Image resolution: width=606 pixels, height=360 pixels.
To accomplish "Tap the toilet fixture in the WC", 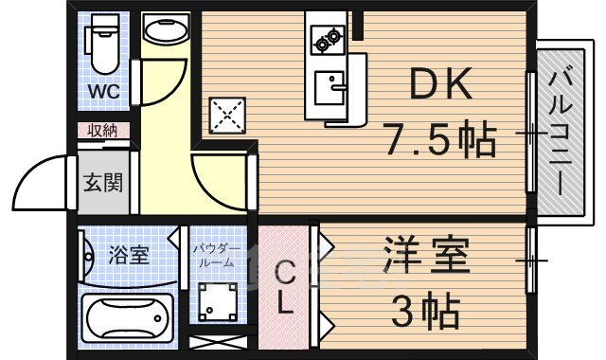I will click(x=101, y=44).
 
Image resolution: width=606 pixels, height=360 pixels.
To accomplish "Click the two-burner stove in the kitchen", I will click(x=328, y=41).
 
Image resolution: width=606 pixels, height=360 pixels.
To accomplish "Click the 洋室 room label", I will click(x=425, y=259).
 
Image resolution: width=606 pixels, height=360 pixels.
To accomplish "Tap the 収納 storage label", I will click(x=103, y=130).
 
